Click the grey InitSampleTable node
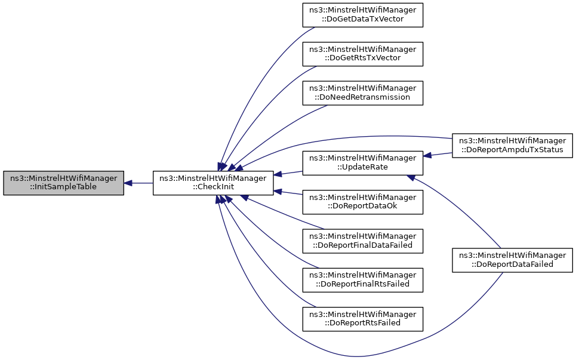[x=63, y=183]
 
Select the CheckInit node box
[x=213, y=183]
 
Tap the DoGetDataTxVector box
[x=362, y=14]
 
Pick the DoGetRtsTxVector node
[x=362, y=53]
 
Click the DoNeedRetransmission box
[x=362, y=93]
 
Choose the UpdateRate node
[x=362, y=162]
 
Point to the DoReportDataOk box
[x=362, y=202]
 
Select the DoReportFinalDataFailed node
[x=362, y=241]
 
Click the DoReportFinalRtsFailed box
[x=362, y=279]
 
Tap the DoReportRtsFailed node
[x=362, y=318]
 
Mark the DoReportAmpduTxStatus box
[x=512, y=144]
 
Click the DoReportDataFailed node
[x=512, y=260]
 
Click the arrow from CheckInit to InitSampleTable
[x=138, y=183]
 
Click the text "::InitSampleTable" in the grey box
[x=63, y=187]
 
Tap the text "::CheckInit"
[x=213, y=187]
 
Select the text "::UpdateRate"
[x=362, y=167]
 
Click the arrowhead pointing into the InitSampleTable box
[x=128, y=183]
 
